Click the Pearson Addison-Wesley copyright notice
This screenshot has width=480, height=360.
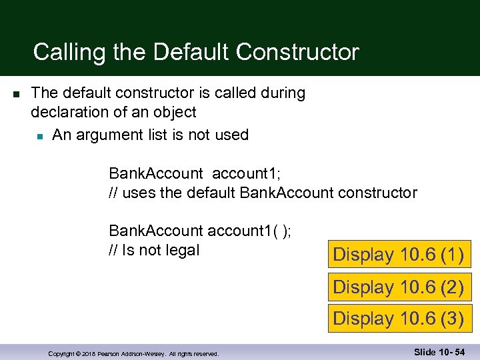click(x=133, y=353)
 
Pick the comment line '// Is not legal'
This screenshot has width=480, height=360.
click(x=154, y=251)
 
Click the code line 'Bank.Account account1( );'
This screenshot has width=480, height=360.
click(x=199, y=231)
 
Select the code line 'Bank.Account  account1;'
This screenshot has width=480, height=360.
click(x=195, y=174)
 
